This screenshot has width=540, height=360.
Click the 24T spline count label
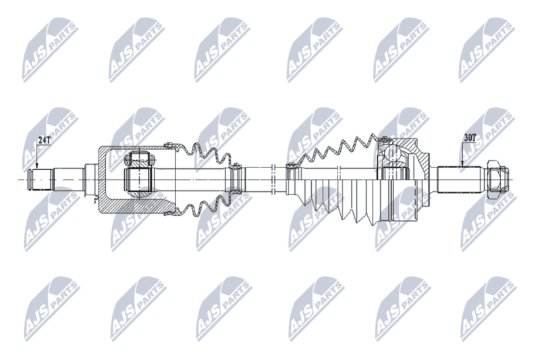coord(44,140)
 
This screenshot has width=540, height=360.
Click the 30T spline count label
coord(470,138)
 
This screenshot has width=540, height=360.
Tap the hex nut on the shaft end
coord(495,179)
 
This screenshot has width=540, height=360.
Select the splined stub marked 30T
coord(459,180)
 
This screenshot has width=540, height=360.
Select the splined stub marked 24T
coord(40,180)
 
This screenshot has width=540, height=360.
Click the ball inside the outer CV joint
coord(392,153)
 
